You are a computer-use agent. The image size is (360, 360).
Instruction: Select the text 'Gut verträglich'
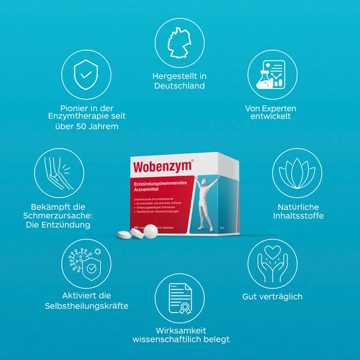272,297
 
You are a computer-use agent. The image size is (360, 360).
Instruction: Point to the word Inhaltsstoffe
298,216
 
